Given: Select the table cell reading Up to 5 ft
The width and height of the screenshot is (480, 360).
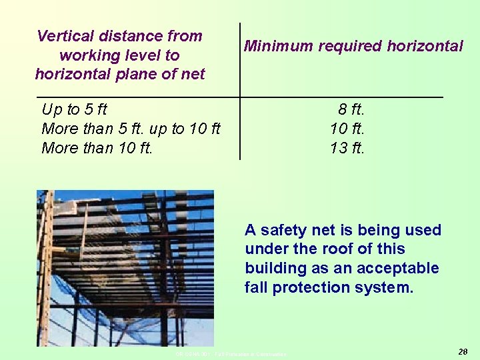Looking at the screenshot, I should (74, 109).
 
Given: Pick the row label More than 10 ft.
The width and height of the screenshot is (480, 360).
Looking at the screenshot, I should (97, 148).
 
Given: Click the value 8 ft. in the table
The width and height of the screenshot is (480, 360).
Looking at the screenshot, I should (351, 109).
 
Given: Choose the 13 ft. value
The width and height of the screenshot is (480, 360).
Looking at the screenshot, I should (347, 148).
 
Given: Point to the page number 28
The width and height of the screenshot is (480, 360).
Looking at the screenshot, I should (463, 351).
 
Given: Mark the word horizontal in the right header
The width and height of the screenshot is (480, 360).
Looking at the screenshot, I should (423, 47).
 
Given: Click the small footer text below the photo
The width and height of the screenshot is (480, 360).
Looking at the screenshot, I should (230, 354).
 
